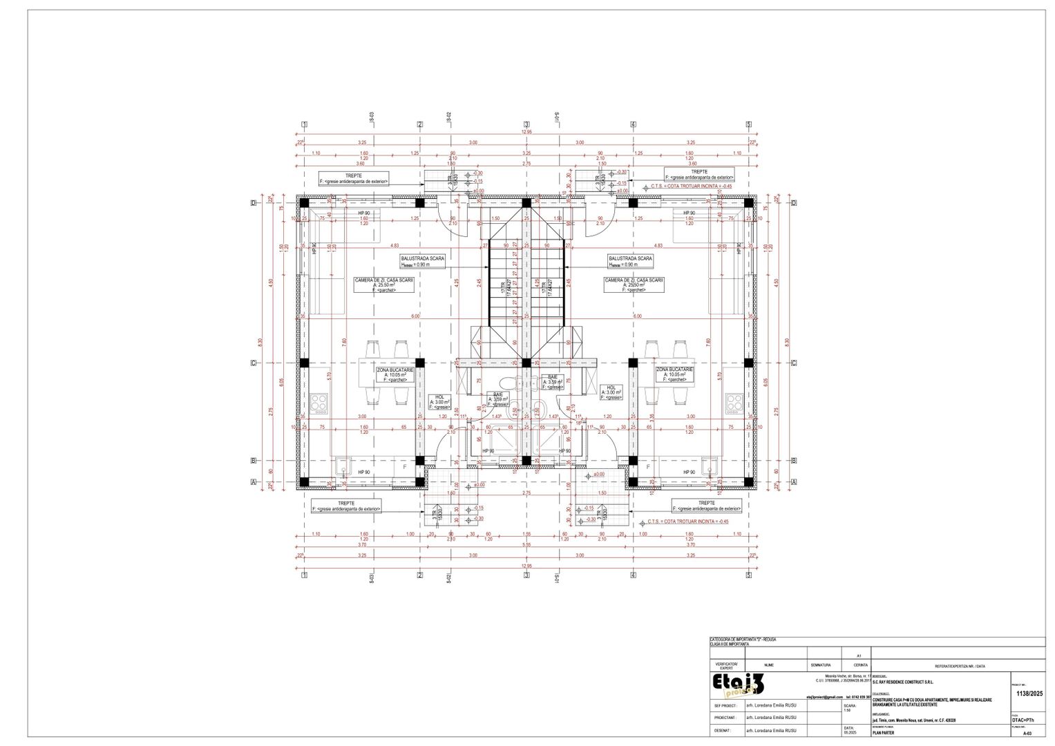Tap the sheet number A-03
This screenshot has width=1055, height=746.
[1027, 733]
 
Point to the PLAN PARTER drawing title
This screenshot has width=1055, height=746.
[883, 733]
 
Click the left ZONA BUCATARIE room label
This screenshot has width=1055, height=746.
[395, 374]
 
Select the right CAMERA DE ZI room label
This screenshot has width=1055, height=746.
[634, 285]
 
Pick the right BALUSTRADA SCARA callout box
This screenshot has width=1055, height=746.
[629, 261]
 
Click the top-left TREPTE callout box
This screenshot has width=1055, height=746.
[354, 178]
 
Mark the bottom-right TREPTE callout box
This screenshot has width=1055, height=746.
[706, 506]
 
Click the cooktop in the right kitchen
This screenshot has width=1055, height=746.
[733, 402]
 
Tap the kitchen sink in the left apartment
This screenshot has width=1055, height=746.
[343, 468]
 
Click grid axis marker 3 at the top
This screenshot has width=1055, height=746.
[526, 124]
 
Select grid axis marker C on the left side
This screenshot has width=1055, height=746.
[254, 363]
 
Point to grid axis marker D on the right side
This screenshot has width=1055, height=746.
[794, 202]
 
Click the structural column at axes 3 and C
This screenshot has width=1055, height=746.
[526, 363]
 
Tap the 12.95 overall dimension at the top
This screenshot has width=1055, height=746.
[526, 131]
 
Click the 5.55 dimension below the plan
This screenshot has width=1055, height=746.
[526, 544]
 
